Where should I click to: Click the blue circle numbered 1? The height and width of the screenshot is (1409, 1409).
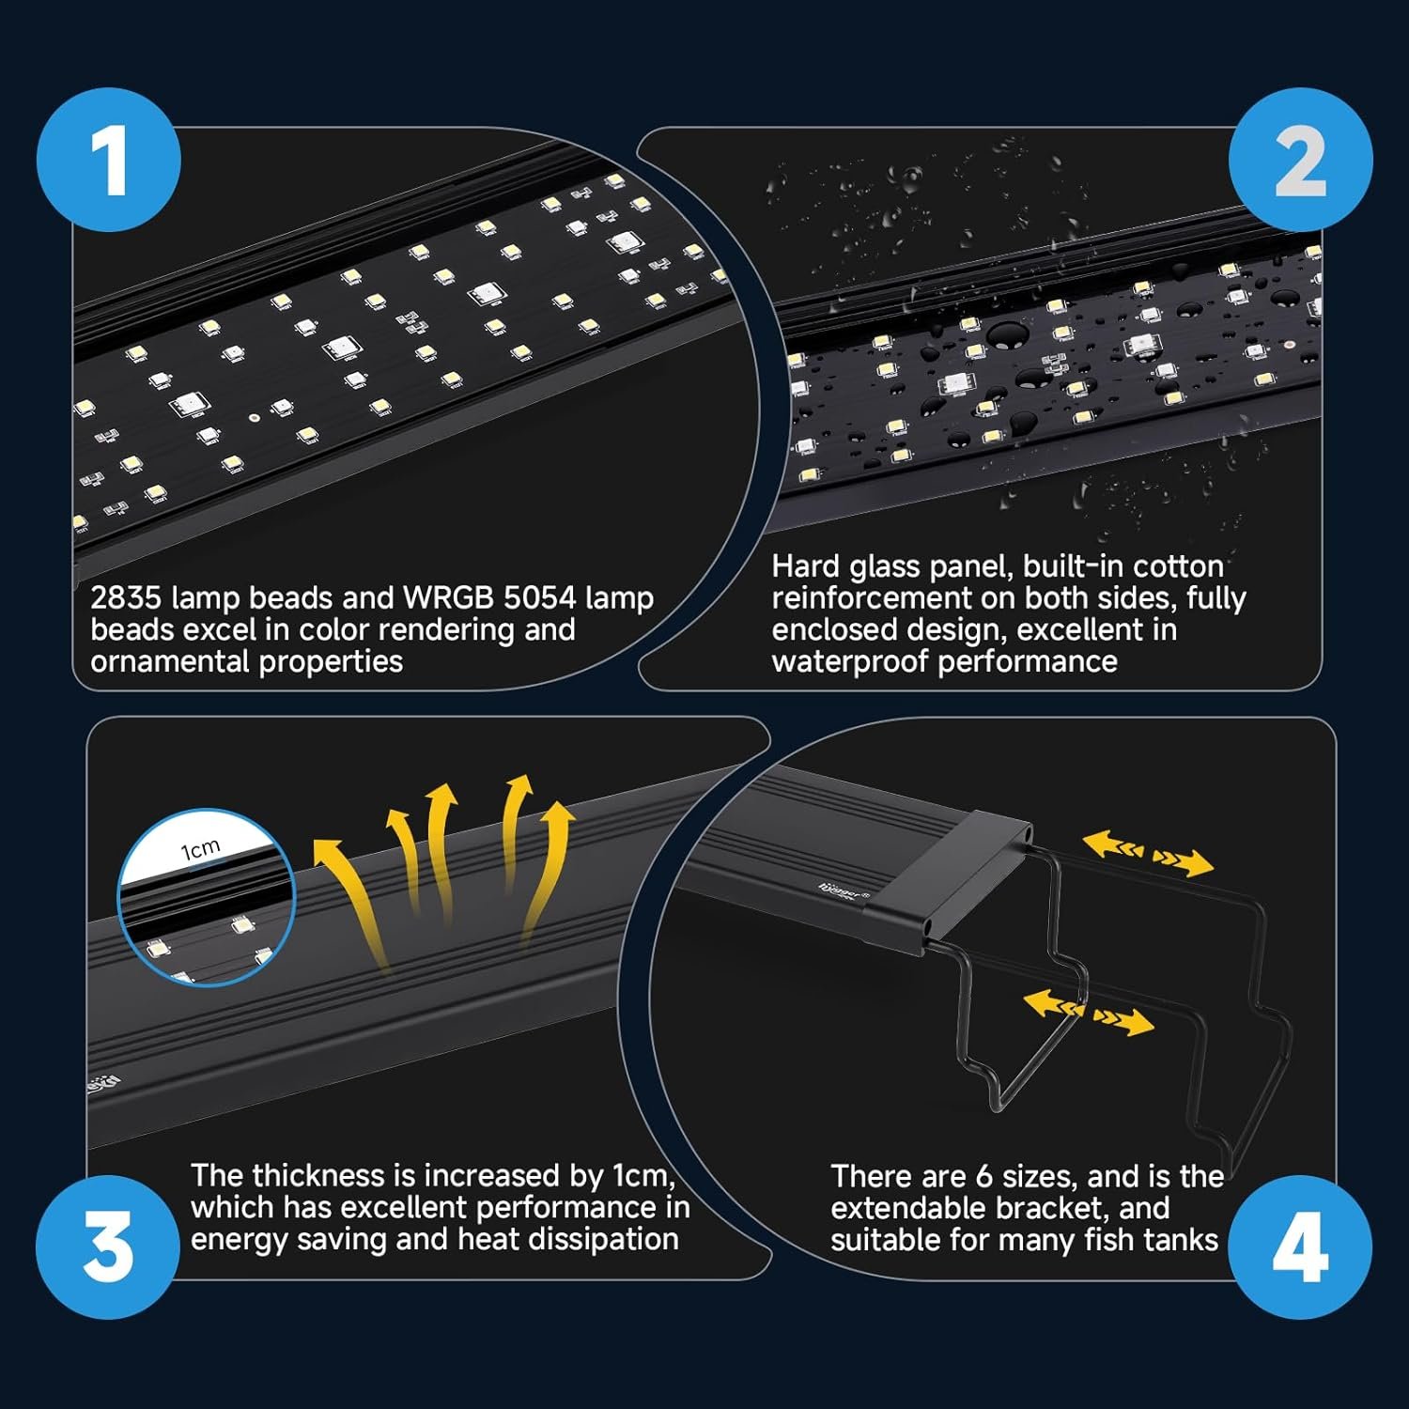pos(109,161)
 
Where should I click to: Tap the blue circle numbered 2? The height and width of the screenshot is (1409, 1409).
pos(1300,161)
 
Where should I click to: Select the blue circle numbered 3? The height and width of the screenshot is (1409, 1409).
pos(109,1246)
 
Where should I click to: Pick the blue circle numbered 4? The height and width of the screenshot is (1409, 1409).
pos(1300,1246)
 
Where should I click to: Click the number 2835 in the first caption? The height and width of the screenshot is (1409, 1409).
pos(127,598)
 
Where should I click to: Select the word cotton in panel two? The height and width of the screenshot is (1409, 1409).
pos(1178,566)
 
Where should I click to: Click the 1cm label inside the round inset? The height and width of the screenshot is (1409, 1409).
pos(200,849)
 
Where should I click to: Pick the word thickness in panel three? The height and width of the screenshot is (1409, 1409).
pos(320,1176)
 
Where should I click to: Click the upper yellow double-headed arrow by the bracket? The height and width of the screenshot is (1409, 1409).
pos(1148,853)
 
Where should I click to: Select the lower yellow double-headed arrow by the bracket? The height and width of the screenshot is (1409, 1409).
pos(1089,1012)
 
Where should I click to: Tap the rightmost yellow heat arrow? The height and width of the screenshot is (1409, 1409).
pos(545,874)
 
